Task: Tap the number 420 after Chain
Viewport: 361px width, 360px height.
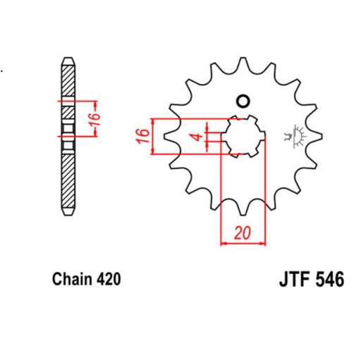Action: click(108, 279)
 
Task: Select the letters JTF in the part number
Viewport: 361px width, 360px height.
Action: click(287, 279)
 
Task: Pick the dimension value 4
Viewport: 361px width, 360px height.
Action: click(199, 135)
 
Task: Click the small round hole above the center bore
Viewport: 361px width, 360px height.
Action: click(245, 100)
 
